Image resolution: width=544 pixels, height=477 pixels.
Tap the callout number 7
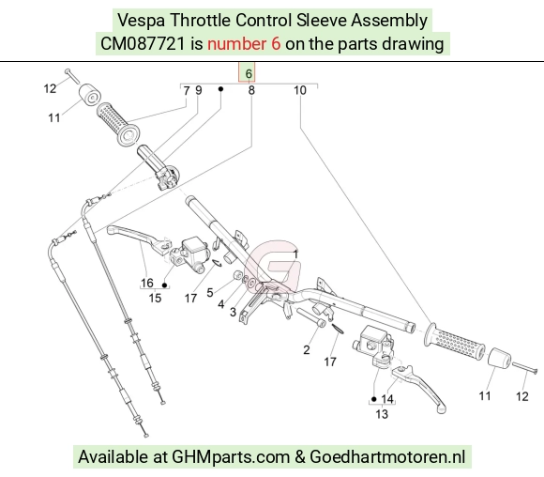point(187,91)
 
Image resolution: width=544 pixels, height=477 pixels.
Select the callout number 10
point(300,91)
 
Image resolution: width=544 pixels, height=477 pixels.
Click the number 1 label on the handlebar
point(295,254)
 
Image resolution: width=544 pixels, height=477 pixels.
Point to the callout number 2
point(306,350)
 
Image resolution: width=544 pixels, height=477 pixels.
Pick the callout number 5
point(209,293)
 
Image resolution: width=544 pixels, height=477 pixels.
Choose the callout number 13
point(382,414)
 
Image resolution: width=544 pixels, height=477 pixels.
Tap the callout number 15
point(155,298)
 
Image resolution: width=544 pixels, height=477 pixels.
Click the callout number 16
point(146,283)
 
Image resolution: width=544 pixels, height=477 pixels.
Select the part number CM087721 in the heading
point(143,44)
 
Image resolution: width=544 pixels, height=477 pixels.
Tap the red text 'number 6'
point(244,44)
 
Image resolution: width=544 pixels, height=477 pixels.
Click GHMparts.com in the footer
point(231,456)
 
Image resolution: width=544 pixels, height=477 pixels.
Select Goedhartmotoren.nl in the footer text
point(387,456)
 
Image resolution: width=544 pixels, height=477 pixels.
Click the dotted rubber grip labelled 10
point(454,341)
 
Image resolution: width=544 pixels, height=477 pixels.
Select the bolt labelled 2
point(310,317)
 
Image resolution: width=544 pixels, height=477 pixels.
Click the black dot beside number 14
point(373,399)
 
